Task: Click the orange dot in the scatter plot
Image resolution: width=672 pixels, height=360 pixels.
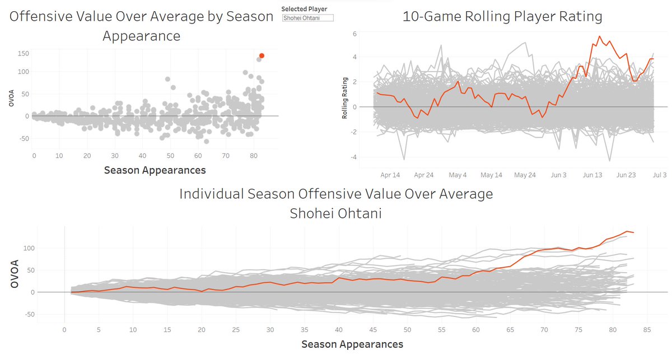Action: pyautogui.click(x=262, y=55)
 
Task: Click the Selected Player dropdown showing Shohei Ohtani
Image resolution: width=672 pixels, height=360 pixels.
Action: pyautogui.click(x=308, y=18)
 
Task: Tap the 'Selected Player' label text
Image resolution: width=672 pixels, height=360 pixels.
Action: pyautogui.click(x=304, y=9)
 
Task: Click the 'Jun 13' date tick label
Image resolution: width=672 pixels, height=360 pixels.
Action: pyautogui.click(x=592, y=175)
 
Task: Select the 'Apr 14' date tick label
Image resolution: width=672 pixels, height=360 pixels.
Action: pyautogui.click(x=390, y=175)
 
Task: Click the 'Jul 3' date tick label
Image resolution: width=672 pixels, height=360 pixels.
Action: pyautogui.click(x=659, y=175)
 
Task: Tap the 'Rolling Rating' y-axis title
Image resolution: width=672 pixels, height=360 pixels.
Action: pyautogui.click(x=345, y=98)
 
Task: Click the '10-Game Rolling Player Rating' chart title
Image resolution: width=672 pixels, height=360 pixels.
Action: pyautogui.click(x=502, y=17)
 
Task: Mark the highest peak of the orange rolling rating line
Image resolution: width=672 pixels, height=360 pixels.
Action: pyautogui.click(x=600, y=36)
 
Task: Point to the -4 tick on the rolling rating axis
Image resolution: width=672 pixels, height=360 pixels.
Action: pyautogui.click(x=353, y=157)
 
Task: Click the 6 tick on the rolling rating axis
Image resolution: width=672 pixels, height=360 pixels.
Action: pyautogui.click(x=354, y=34)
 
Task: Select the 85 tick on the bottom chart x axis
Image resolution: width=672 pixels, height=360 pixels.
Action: pyautogui.click(x=647, y=330)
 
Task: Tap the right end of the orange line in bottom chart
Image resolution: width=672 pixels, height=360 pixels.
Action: pyautogui.click(x=633, y=232)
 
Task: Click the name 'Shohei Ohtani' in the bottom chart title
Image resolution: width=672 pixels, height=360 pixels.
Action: pyautogui.click(x=336, y=213)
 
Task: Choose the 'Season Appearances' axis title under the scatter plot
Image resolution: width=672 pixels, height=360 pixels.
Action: pyautogui.click(x=155, y=170)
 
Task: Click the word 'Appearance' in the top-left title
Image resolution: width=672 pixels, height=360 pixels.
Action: pyautogui.click(x=141, y=36)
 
